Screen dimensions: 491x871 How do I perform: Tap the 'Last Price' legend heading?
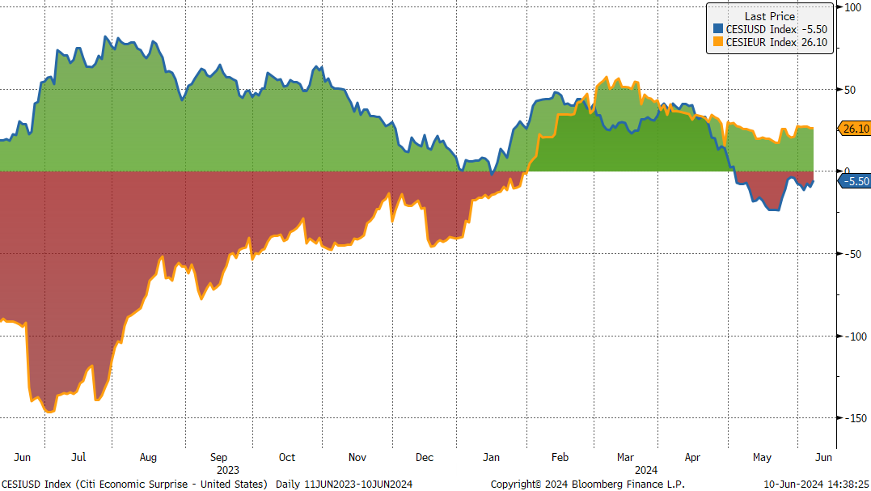[769, 16]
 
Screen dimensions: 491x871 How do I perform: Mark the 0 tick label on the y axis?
[848, 171]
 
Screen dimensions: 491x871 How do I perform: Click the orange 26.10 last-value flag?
[856, 129]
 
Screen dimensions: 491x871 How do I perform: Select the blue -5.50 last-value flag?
[855, 181]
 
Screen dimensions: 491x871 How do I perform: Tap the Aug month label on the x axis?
[148, 457]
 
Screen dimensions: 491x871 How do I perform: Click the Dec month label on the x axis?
[425, 457]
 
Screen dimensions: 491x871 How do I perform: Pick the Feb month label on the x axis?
[560, 457]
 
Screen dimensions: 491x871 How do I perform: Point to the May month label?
[762, 457]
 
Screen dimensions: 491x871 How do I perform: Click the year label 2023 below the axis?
[228, 469]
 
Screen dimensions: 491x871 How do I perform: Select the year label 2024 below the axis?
[645, 469]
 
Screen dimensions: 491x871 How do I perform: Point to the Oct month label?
[287, 457]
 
